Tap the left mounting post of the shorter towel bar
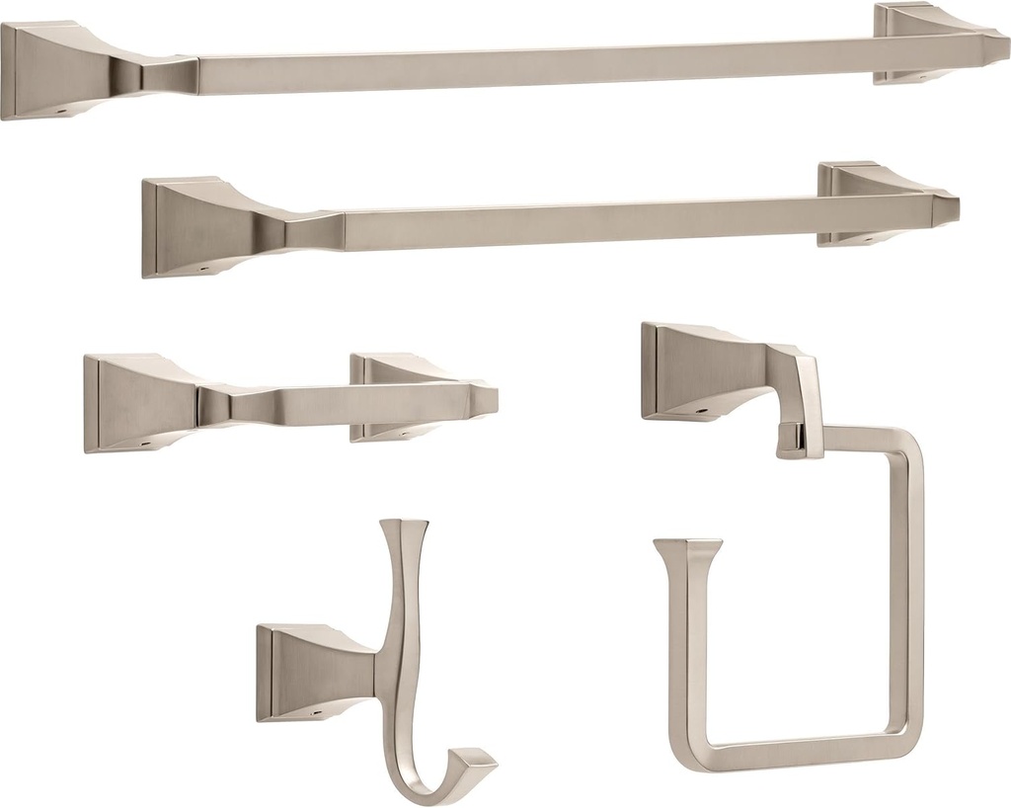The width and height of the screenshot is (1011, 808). pos(188,227)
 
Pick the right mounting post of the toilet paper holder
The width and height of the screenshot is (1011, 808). pos(390,395)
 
